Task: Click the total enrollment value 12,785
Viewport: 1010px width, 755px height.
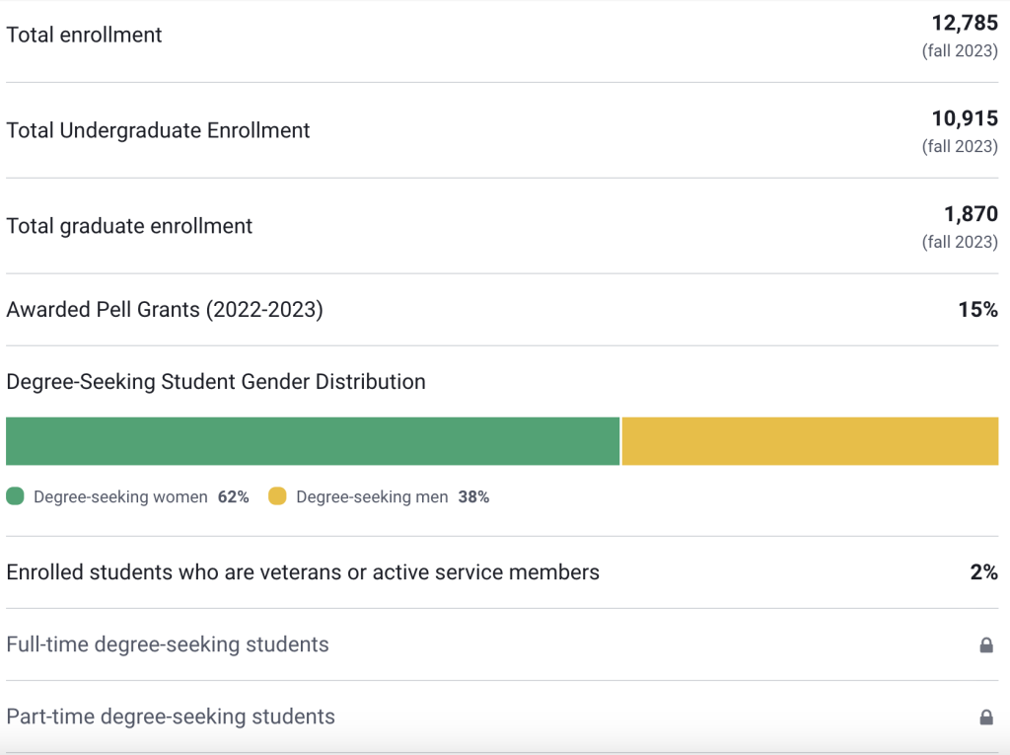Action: click(965, 24)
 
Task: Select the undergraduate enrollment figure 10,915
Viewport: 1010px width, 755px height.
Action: click(965, 119)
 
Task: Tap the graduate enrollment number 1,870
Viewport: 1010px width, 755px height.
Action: click(971, 214)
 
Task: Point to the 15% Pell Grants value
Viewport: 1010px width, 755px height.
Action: click(977, 310)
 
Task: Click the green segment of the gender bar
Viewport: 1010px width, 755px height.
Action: click(313, 441)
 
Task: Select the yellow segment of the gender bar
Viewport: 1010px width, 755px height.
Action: click(810, 441)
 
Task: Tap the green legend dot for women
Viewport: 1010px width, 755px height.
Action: click(15, 496)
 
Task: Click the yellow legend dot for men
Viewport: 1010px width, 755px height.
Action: click(277, 496)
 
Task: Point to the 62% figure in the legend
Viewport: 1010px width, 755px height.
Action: click(234, 497)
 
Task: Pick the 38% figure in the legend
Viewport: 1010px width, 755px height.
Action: click(473, 497)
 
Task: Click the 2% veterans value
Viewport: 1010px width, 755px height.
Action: click(983, 572)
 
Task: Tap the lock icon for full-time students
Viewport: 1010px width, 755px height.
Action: click(985, 645)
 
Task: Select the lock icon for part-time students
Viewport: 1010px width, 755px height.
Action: click(985, 717)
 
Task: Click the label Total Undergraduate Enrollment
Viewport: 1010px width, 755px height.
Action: click(158, 130)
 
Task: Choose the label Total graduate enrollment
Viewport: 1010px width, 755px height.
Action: click(129, 226)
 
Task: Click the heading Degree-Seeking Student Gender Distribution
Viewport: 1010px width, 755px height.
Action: click(216, 382)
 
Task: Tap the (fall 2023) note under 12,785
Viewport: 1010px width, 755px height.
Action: click(960, 51)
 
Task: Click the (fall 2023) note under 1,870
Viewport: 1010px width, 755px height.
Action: click(960, 242)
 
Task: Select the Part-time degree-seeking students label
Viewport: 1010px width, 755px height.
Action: click(171, 717)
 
